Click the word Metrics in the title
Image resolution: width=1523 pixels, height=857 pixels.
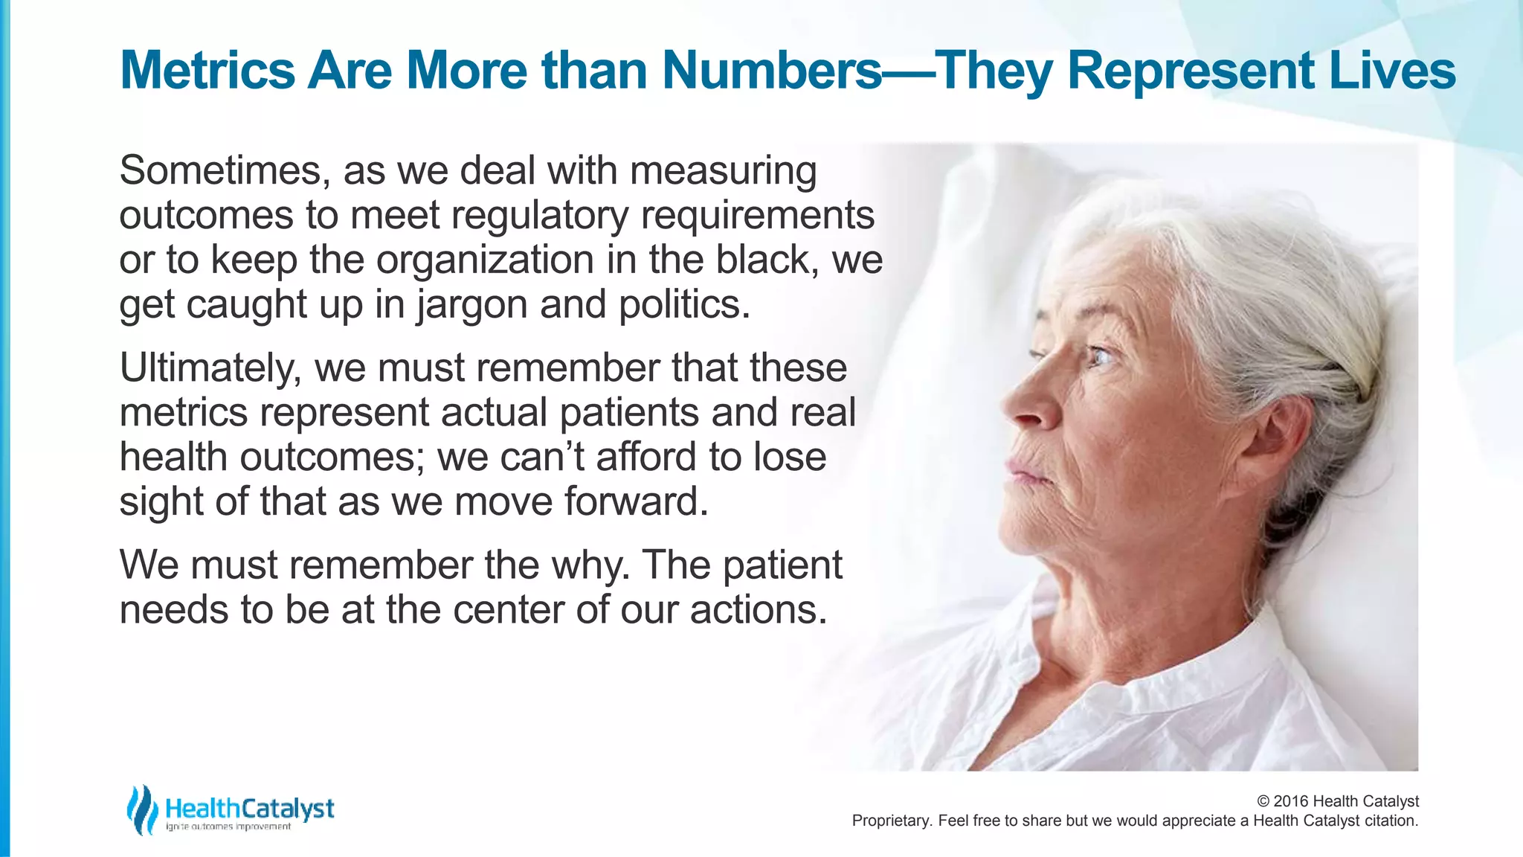click(x=207, y=71)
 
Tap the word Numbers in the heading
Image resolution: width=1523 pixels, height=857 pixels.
click(x=772, y=71)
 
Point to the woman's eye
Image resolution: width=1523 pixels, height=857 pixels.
click(x=1100, y=358)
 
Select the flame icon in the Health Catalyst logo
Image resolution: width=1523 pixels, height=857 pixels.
click(x=141, y=809)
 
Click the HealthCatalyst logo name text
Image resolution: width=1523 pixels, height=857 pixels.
click(x=250, y=809)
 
